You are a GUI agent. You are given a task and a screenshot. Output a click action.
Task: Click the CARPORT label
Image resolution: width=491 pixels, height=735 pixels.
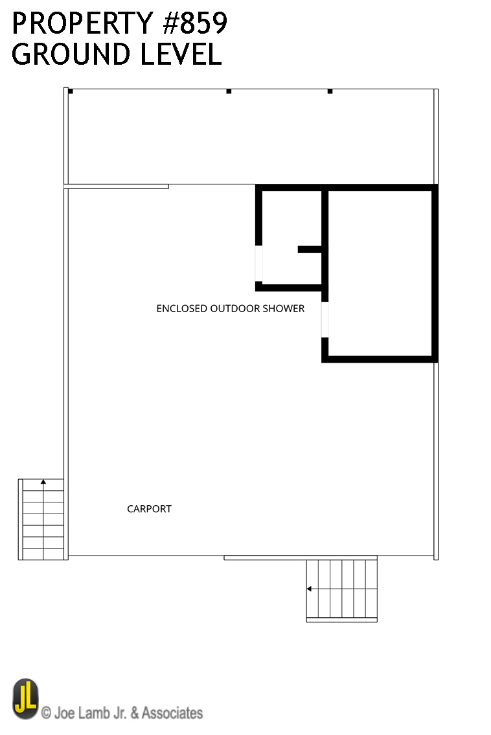coord(149,509)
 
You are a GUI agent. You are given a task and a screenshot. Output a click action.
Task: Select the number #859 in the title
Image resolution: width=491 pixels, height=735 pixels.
coord(195,23)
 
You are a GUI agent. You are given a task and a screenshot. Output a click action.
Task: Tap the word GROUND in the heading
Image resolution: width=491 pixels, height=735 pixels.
coord(71,54)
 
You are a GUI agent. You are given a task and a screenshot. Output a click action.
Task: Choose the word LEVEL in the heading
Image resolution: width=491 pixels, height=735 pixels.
coord(181,54)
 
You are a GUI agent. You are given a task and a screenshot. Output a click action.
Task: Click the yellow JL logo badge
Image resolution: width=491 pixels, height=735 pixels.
coord(25,699)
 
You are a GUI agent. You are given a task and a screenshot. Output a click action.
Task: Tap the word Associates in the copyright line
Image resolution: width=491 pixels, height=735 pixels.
coord(172,713)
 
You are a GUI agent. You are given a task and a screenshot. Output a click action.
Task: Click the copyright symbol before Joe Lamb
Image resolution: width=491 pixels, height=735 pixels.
coord(46,714)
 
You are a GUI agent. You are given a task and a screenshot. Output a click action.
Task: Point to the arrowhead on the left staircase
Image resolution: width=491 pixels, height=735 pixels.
coord(43,481)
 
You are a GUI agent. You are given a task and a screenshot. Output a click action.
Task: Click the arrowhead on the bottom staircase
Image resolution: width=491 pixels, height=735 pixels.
coord(309,589)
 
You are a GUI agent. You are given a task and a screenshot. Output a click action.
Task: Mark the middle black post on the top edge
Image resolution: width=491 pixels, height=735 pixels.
coord(229,91)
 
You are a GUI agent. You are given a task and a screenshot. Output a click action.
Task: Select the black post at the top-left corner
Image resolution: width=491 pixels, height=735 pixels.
coord(71,91)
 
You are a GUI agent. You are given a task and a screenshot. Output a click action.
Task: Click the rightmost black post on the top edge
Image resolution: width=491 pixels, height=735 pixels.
coord(330,91)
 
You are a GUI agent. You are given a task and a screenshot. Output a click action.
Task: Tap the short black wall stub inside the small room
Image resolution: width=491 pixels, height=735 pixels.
coord(310,249)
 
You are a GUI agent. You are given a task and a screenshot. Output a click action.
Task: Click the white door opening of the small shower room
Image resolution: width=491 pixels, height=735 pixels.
coord(258,264)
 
